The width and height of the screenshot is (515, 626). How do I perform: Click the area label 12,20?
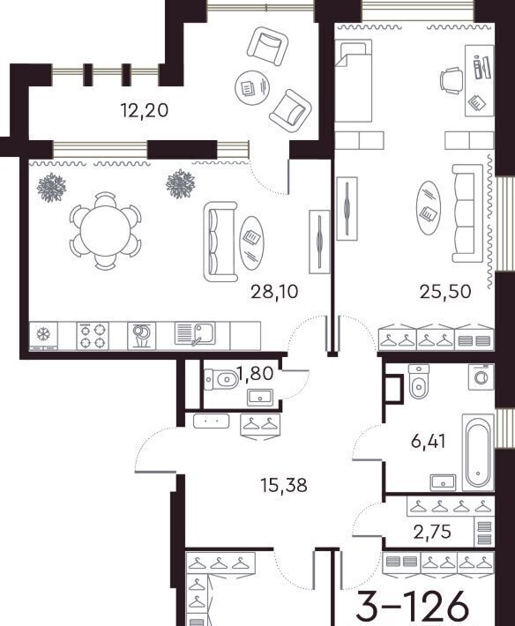[145, 110]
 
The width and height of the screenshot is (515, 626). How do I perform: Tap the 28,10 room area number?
[274, 292]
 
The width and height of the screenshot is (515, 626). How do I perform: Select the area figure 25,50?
[445, 292]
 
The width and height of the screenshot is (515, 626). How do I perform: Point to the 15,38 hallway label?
[283, 485]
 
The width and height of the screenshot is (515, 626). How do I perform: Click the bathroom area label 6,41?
[429, 442]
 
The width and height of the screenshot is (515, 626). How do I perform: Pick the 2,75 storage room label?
[432, 532]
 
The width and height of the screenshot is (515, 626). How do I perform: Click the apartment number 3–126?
[412, 605]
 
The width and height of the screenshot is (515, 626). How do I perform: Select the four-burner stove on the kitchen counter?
[93, 336]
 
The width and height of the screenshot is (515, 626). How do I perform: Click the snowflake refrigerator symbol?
[42, 334]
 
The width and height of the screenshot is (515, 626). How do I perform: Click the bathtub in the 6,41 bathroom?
[477, 452]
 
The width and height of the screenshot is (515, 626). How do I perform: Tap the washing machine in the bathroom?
[481, 376]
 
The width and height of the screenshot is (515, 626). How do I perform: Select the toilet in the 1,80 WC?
[220, 379]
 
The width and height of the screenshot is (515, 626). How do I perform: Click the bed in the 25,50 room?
[354, 80]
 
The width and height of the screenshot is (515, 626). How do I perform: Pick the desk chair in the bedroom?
[452, 81]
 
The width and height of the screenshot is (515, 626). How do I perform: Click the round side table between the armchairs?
[252, 88]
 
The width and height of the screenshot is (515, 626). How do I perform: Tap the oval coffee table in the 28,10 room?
[251, 243]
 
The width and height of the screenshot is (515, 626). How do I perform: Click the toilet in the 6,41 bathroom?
[419, 382]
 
